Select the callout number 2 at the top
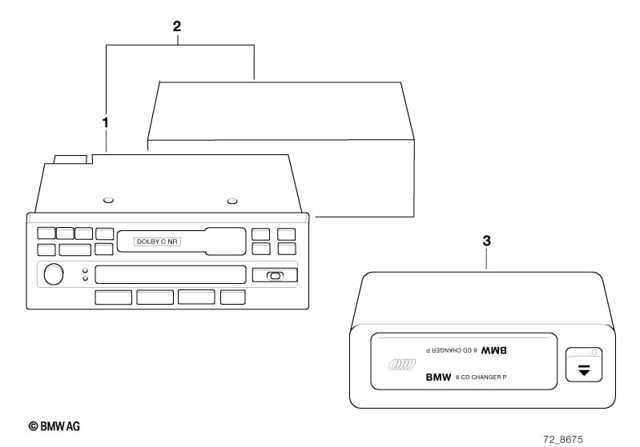pos(177,26)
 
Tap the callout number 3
pos(487,240)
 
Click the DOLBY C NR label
pos(157,241)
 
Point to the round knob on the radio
pos(54,274)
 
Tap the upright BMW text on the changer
pos(438,377)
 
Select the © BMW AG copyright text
pos(54,426)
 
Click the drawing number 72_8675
pos(563,439)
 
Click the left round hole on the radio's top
pos(109,200)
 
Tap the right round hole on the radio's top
pos(232,201)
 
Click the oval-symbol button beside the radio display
pos(275,276)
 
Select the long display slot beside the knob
pos(170,274)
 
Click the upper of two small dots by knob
pos(85,271)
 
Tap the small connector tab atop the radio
pos(70,159)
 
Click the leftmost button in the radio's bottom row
pos(113,297)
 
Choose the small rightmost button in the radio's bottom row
pos(232,297)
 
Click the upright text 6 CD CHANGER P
pos(481,377)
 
